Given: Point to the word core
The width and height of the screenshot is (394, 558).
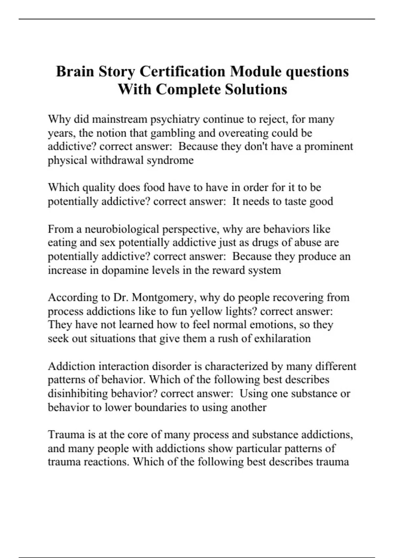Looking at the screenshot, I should pos(139,435).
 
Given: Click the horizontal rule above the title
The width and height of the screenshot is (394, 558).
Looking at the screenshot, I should pos(197,19).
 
